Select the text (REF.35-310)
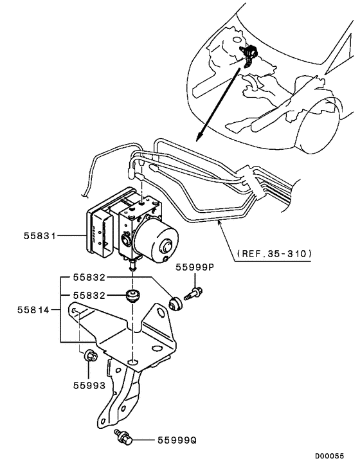274,253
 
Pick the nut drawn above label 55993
89,355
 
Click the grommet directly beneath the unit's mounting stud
134,296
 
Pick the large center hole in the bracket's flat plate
132,363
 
